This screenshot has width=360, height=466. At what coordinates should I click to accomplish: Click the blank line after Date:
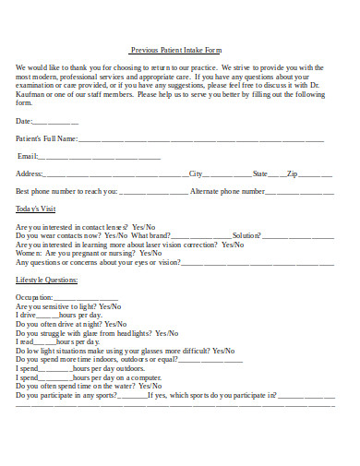pos(55,121)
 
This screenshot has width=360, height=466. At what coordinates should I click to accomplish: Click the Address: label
pos(30,173)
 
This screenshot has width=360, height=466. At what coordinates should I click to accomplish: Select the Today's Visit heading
pos(36,209)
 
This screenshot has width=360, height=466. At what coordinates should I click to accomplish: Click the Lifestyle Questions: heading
pos(47,279)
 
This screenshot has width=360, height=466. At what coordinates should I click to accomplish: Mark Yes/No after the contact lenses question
pos(144,227)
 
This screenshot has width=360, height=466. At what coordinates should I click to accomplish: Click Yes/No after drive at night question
pos(115,324)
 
